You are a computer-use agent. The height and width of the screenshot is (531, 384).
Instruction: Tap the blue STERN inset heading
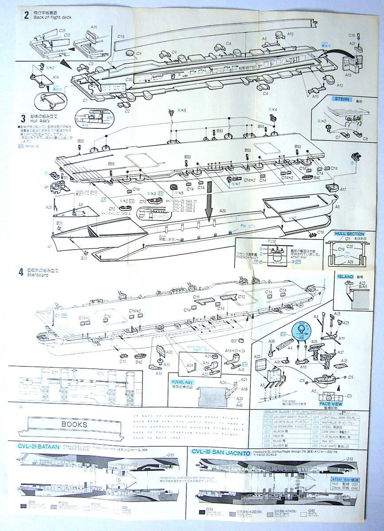[343, 99]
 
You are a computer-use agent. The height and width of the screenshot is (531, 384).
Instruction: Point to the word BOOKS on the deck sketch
[74, 424]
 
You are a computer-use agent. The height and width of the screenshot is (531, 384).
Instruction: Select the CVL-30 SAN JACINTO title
[220, 453]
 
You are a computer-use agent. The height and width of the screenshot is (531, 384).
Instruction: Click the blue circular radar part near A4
[303, 330]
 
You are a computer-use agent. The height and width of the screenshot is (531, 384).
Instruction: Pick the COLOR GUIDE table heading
[274, 412]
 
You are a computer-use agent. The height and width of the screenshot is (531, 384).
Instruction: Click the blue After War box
[352, 478]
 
